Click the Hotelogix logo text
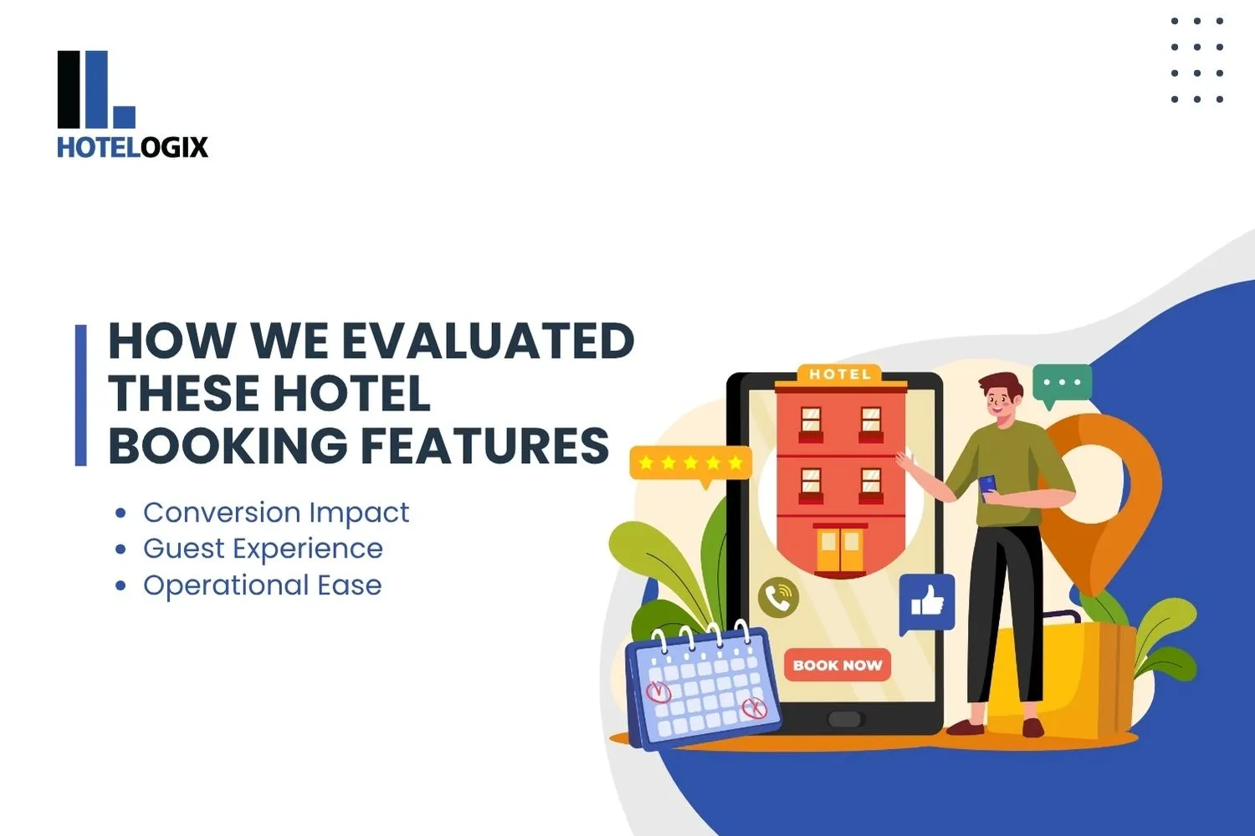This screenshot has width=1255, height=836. pos(132,147)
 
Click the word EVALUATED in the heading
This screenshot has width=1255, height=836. pos(488,341)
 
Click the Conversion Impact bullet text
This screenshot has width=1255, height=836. pos(276,512)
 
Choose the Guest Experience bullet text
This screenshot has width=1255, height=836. pos(263,548)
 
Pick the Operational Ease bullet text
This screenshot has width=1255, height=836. pos(262,585)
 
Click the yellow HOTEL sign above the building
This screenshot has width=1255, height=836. pos(839,375)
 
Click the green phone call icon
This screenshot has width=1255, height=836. pos(778,597)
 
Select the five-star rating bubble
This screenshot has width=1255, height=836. pos(690,463)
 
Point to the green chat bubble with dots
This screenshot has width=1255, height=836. pos(1062,384)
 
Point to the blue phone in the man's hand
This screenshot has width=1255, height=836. pos(987,485)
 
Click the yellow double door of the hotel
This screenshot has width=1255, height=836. pos(840,550)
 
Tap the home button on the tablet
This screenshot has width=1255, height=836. pos(843,720)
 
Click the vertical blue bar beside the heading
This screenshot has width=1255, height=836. pos(81,395)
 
